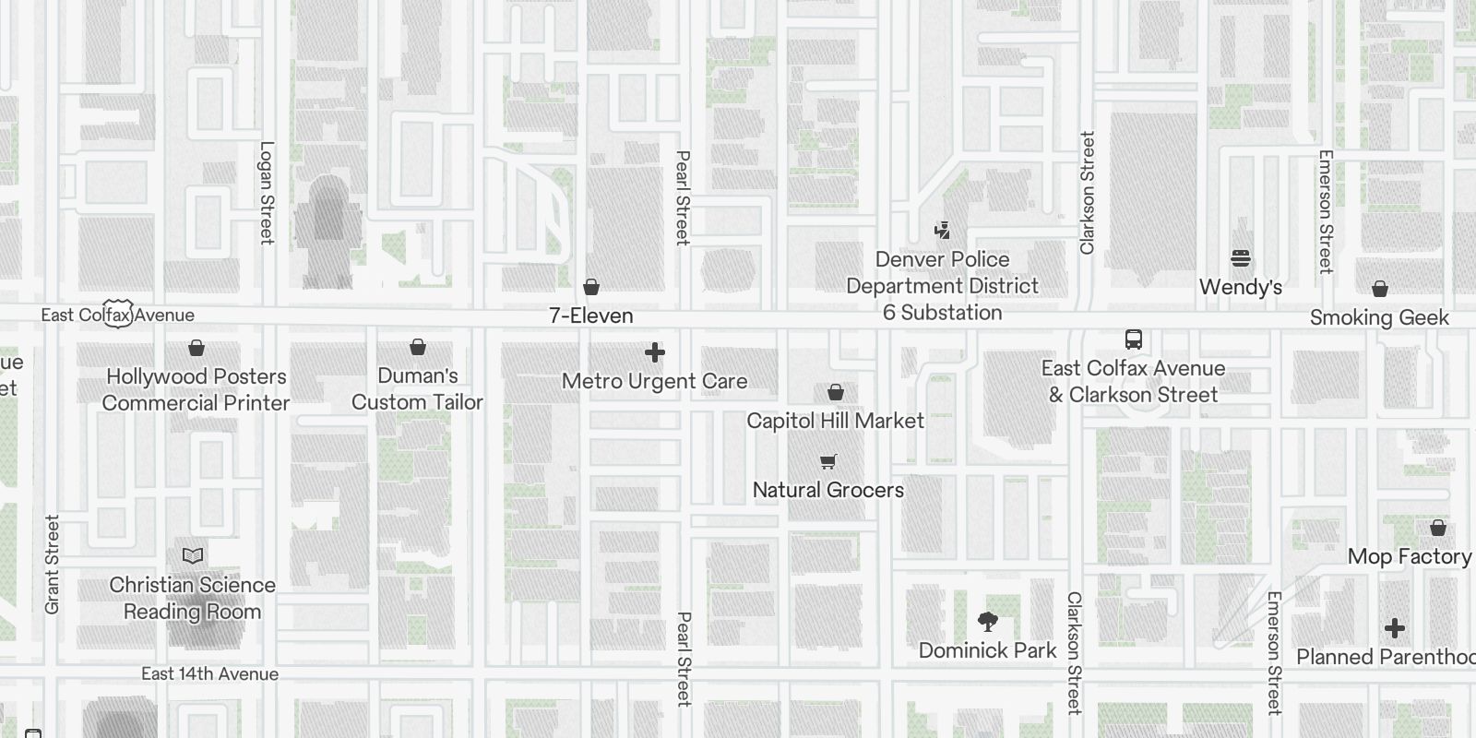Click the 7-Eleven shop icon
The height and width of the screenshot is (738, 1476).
pos(591,288)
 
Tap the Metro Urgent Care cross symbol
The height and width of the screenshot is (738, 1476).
pos(655,352)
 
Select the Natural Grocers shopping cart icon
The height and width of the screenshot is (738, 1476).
pos(828,462)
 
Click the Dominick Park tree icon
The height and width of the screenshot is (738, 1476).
pos(987,621)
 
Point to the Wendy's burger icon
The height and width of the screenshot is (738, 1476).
pos(1241,258)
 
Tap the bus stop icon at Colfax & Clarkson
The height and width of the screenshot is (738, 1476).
pos(1134,339)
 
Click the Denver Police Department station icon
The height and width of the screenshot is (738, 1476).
pos(942,231)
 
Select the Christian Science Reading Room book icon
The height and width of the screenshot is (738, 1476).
pos(192,555)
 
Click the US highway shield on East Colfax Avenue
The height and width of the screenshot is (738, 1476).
pos(118,314)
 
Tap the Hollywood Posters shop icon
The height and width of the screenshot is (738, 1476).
pos(196,348)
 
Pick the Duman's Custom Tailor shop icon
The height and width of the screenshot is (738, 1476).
pos(418,347)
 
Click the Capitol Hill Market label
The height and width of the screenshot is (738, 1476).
pos(835,421)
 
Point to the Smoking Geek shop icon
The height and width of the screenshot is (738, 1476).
pos(1380,290)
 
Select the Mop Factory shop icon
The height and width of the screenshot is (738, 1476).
pos(1437,529)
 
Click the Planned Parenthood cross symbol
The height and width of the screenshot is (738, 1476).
pos(1395,629)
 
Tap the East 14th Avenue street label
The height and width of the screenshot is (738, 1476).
pos(209,674)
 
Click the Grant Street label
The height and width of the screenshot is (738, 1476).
pos(52,565)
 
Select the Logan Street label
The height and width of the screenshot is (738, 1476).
pos(267,192)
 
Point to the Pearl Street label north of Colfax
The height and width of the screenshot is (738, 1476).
pos(683,197)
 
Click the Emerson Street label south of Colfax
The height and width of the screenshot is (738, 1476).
pos(1274,652)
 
